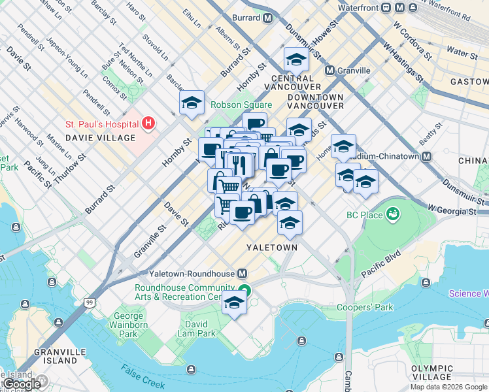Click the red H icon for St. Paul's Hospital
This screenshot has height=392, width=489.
(149, 123)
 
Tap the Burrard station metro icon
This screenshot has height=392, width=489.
(267, 18)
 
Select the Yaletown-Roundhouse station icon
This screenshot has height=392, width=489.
(243, 273)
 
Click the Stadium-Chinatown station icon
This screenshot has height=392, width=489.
(426, 157)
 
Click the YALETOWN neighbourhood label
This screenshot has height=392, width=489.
(271, 248)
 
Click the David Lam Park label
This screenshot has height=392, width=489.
(199, 329)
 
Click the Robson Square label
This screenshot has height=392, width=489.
(241, 105)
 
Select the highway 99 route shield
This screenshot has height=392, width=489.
(90, 302)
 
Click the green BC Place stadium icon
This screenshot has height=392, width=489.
(392, 213)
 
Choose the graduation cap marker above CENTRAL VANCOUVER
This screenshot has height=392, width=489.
(296, 60)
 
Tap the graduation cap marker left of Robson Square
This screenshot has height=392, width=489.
(192, 103)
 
